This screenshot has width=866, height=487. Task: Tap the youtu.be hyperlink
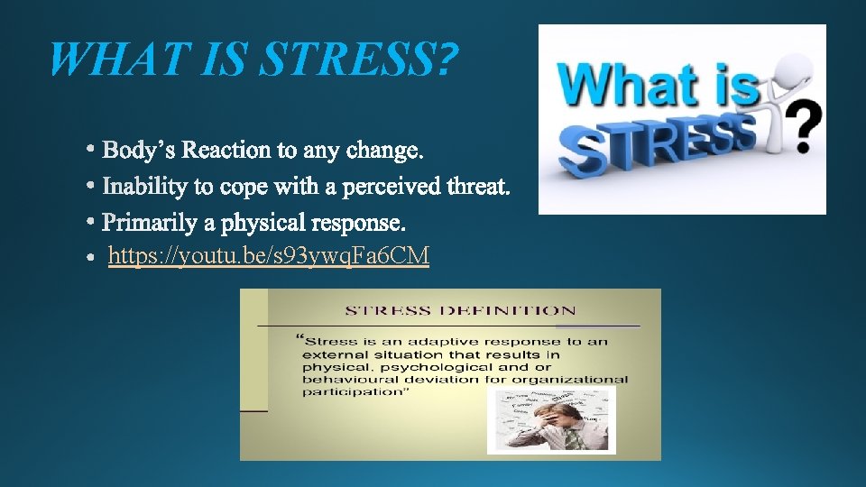269,257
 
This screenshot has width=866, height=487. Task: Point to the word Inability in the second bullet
139,187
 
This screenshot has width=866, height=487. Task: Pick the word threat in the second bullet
478,187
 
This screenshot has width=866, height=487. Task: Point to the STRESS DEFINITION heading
460,310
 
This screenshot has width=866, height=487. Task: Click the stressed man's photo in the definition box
551,420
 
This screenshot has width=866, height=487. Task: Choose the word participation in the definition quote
345,392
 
